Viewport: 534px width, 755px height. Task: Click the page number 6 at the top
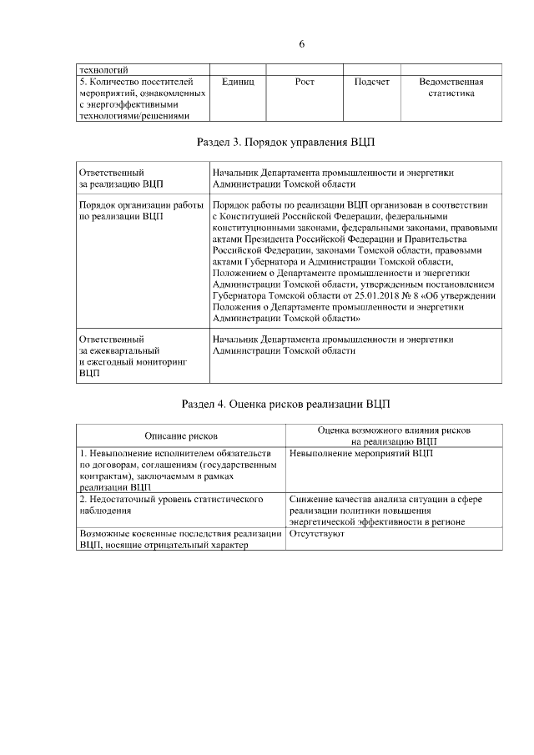click(302, 43)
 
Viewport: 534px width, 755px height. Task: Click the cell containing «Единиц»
click(238, 83)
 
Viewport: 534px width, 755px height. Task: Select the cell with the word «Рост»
click(305, 83)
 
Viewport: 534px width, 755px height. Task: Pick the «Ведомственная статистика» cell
click(451, 88)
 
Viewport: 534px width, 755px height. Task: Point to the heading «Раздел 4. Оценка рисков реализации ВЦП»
click(286, 405)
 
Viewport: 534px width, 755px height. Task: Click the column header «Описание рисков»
click(181, 435)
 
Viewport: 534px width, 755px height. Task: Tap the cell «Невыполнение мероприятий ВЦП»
click(362, 453)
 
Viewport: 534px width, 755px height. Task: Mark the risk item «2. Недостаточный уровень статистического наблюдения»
click(171, 504)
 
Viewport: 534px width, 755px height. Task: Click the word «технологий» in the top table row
click(103, 70)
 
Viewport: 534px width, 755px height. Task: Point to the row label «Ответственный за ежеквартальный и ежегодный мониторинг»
click(131, 356)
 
